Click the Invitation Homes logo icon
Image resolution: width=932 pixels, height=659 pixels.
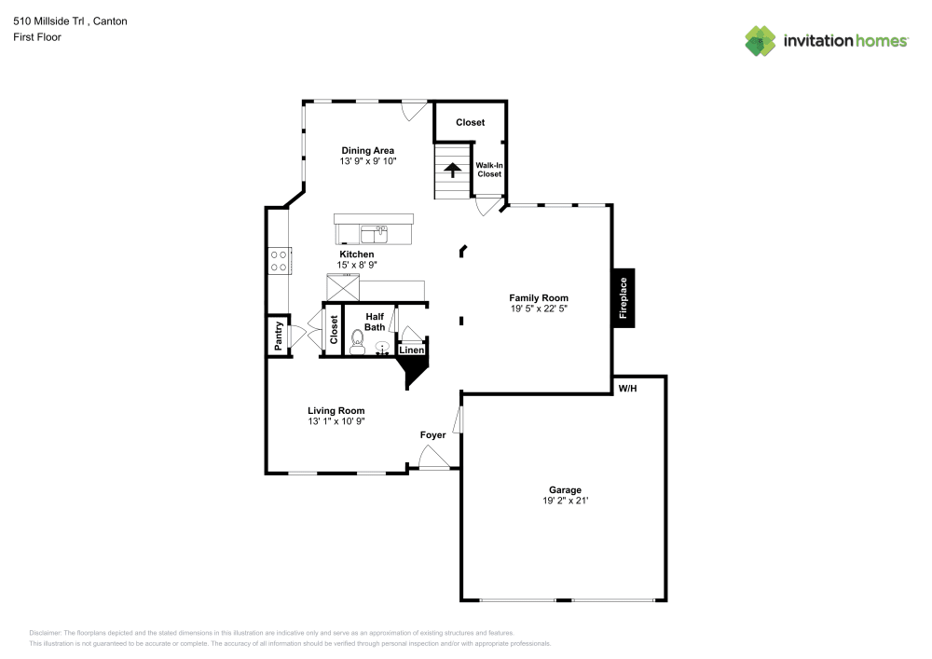click(x=760, y=41)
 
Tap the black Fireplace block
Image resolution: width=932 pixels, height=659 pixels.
click(x=624, y=298)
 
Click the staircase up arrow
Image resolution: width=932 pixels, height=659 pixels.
click(x=453, y=170)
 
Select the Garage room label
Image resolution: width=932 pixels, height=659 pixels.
click(x=565, y=489)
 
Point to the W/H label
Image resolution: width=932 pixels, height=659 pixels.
click(x=625, y=388)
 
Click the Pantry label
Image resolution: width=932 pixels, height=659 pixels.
click(x=278, y=336)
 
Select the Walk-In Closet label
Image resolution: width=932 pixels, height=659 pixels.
click(x=489, y=169)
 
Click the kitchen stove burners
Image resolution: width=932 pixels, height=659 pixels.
click(x=278, y=259)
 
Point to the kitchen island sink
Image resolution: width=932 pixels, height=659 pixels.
click(x=382, y=229)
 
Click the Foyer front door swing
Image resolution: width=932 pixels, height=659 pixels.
click(x=432, y=457)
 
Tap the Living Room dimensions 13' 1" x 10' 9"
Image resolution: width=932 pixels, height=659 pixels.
click(x=336, y=421)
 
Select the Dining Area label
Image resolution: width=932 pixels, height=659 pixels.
click(x=367, y=150)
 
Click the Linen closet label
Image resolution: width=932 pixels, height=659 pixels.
click(x=411, y=350)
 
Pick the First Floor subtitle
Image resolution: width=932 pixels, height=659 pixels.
click(x=37, y=37)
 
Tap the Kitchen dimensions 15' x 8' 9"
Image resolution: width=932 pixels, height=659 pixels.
click(x=357, y=265)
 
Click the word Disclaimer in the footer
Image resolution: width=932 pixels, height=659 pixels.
click(x=45, y=632)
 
